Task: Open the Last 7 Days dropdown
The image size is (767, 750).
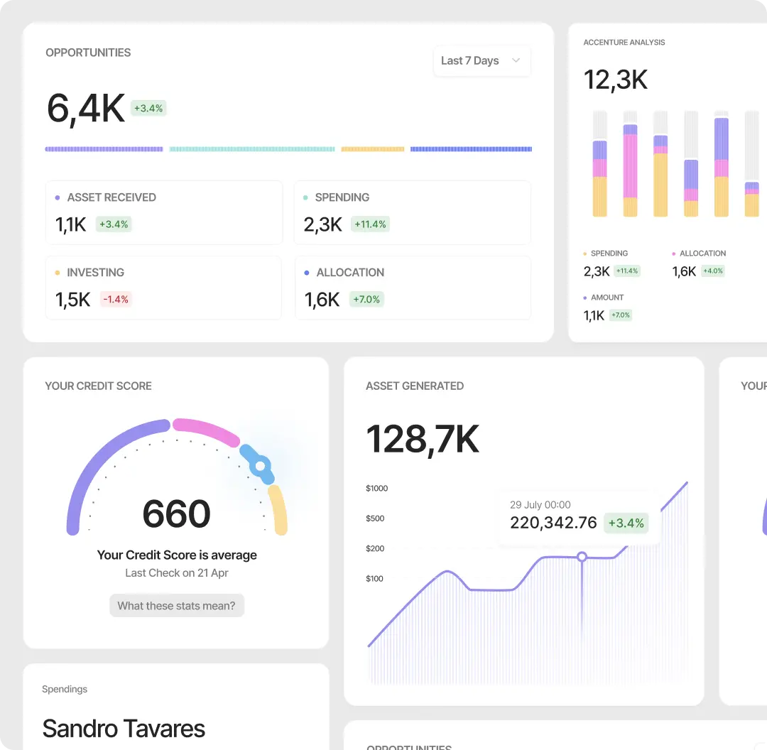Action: [x=482, y=61]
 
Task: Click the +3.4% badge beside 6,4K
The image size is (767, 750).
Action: [x=148, y=108]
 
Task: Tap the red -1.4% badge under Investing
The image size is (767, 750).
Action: [x=116, y=300]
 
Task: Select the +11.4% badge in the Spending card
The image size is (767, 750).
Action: [x=371, y=224]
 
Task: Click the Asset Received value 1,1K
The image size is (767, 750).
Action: [x=71, y=224]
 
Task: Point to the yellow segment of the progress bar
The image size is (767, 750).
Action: [x=373, y=149]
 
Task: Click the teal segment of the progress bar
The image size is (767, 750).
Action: [x=252, y=149]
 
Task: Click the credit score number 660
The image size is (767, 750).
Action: [x=176, y=513]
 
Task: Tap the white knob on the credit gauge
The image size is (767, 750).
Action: [x=261, y=467]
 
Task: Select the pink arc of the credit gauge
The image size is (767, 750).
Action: [x=206, y=430]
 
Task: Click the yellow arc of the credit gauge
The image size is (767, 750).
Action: [x=279, y=510]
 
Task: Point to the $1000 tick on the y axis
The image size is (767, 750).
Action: [x=376, y=489]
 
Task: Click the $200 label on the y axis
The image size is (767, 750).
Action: [x=375, y=548]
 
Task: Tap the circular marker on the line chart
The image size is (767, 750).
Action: [x=582, y=557]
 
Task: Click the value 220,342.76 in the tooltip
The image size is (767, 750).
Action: [x=553, y=523]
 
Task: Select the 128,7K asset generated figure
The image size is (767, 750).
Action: [x=423, y=439]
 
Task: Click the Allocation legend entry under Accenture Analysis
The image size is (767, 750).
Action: [x=702, y=254]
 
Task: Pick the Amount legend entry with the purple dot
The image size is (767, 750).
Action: [x=606, y=298]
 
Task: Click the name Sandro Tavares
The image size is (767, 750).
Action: [x=124, y=729]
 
